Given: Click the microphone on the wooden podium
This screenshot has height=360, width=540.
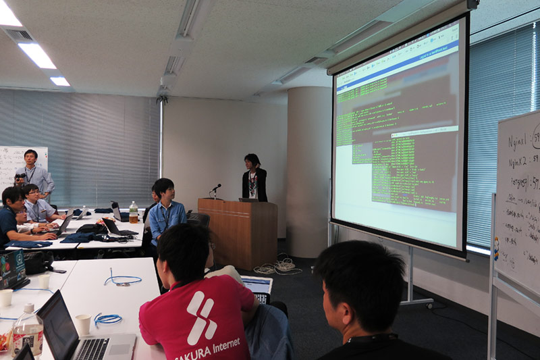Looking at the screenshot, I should click(216, 188).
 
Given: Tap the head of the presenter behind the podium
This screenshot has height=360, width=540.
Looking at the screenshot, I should click(252, 161).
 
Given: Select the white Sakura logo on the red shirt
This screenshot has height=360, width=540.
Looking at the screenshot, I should click(201, 317).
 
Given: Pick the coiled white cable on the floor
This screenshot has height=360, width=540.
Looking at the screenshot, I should click(278, 266).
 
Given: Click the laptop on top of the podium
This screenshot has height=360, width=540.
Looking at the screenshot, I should click(248, 199).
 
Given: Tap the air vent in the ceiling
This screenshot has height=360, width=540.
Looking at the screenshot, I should click(20, 35).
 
